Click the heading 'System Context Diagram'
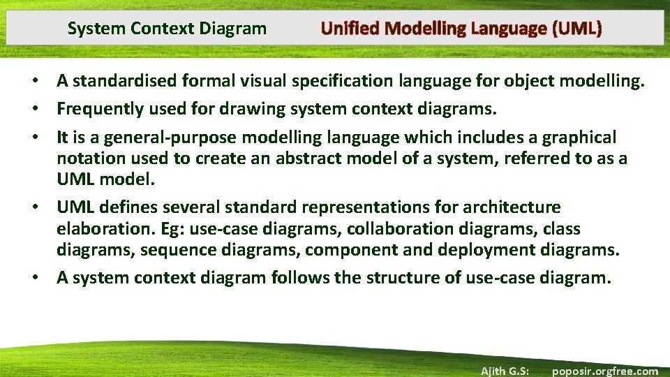click(x=167, y=29)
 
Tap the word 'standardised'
click(x=125, y=81)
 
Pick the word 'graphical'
click(x=576, y=137)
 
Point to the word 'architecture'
click(x=517, y=207)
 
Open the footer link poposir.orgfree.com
click(x=604, y=371)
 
